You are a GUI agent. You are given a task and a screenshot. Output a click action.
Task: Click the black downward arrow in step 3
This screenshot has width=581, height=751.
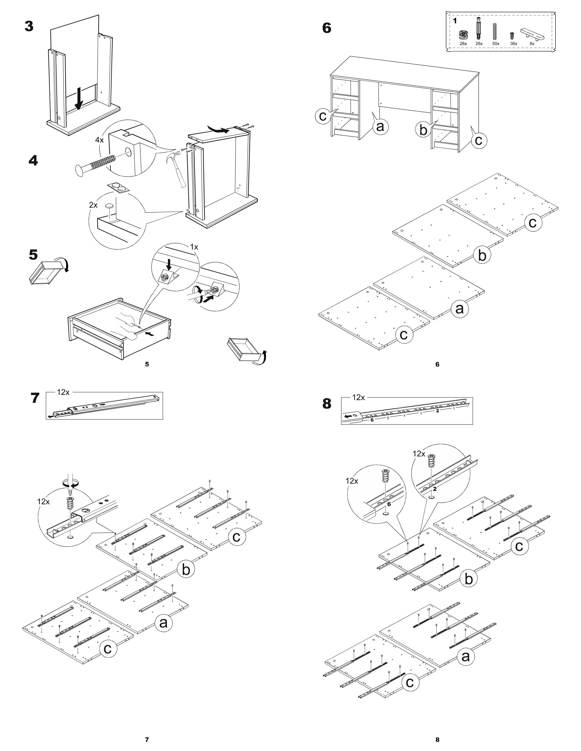click(79, 98)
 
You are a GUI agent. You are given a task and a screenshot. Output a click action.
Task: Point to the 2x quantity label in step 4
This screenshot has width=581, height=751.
click(93, 205)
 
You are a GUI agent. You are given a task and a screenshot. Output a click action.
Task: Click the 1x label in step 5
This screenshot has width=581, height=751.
click(194, 247)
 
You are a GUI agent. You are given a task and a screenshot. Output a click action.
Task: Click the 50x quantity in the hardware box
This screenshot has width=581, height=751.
click(496, 44)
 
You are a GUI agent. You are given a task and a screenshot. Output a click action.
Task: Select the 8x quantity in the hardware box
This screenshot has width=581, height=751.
click(532, 44)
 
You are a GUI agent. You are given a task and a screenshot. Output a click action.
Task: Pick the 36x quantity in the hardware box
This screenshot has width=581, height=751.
click(514, 44)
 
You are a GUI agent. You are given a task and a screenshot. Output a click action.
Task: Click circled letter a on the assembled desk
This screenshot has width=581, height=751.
click(380, 126)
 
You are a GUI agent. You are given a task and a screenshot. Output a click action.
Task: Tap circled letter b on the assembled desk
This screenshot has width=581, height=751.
click(423, 130)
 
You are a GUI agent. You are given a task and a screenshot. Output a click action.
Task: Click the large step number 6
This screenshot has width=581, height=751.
click(327, 28)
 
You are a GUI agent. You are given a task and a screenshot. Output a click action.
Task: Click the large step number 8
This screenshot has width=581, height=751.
click(327, 404)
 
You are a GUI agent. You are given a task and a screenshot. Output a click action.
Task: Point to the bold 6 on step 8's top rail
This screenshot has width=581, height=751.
click(372, 420)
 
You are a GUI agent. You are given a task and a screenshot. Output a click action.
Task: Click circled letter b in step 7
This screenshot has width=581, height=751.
click(186, 570)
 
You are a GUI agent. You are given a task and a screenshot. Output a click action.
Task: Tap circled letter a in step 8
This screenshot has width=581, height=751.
click(465, 656)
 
